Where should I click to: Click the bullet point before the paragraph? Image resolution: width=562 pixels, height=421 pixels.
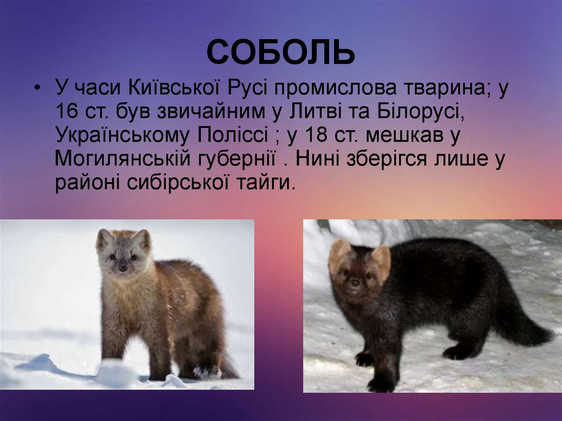(x=37, y=89)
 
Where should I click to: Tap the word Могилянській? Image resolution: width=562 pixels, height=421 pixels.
(x=123, y=160)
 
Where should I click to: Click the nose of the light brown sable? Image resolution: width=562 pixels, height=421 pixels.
(x=123, y=268)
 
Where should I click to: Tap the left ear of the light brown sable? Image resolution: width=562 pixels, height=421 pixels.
(x=104, y=239)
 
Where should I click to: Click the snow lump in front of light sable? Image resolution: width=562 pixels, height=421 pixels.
(x=116, y=373)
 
